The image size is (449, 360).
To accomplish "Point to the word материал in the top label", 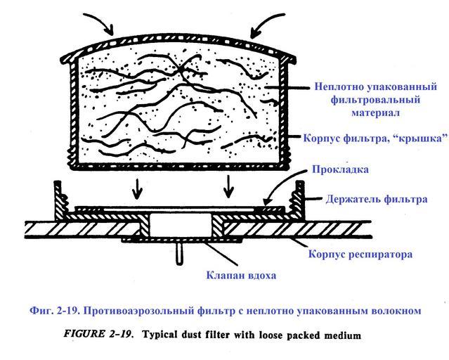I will (375, 112).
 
